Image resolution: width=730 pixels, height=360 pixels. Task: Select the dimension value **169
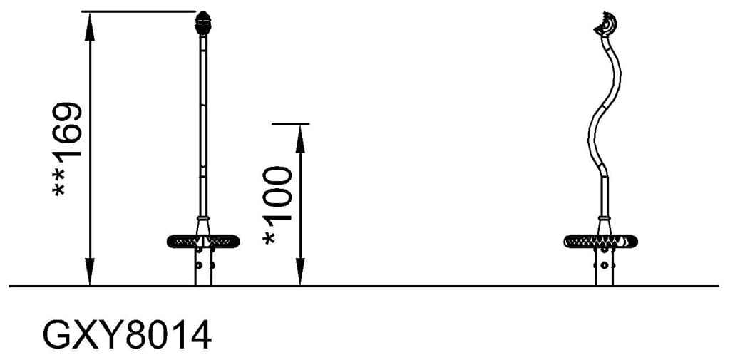(67, 149)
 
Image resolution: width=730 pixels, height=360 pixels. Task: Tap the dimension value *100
(277, 205)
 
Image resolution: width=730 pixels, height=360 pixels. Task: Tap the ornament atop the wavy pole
(607, 25)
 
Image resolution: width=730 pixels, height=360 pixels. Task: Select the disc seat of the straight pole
(203, 241)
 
